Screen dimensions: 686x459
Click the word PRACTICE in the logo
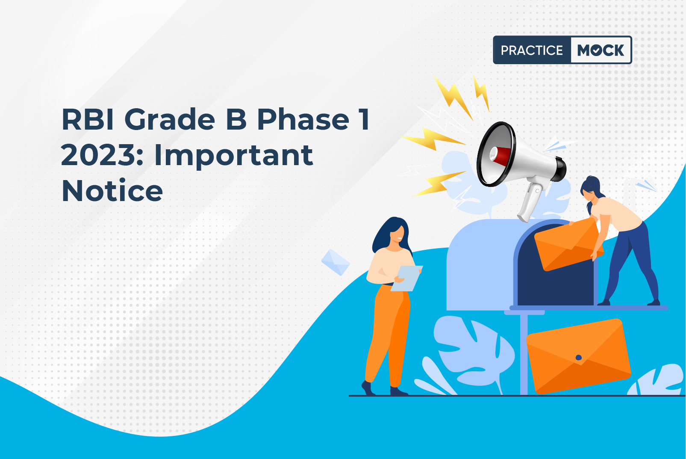(x=532, y=50)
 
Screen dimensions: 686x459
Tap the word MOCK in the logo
(x=601, y=50)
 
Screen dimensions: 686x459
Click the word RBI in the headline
(x=88, y=119)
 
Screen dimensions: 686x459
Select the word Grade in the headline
(x=170, y=119)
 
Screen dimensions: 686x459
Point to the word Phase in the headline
(x=303, y=119)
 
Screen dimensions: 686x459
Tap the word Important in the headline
(x=233, y=156)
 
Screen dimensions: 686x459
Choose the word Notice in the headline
(x=112, y=191)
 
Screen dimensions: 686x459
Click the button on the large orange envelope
(x=579, y=357)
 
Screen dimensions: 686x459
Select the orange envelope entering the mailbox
(x=568, y=245)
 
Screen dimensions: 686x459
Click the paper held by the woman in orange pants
(x=406, y=278)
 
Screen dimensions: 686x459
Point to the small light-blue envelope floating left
(x=336, y=262)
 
